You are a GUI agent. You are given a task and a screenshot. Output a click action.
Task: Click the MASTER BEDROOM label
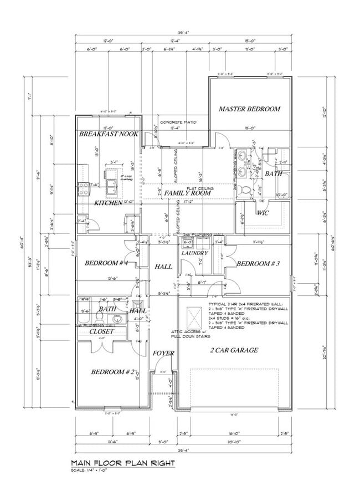pos(249,109)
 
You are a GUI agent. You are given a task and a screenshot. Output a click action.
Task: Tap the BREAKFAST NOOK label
pos(108,134)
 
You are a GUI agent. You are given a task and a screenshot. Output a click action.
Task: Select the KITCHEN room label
pos(108,203)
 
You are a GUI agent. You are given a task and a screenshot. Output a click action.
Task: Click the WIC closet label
pos(263,212)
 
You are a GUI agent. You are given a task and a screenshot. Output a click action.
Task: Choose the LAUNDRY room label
pos(194,253)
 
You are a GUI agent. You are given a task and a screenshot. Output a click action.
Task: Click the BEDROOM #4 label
pos(107,264)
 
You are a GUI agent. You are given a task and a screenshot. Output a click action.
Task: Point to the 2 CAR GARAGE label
pos(233,350)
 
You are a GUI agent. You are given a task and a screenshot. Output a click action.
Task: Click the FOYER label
pos(164,354)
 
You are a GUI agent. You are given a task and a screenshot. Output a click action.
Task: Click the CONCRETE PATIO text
pos(178,122)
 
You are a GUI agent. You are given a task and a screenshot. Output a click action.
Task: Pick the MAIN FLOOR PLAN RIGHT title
pos(123,462)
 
